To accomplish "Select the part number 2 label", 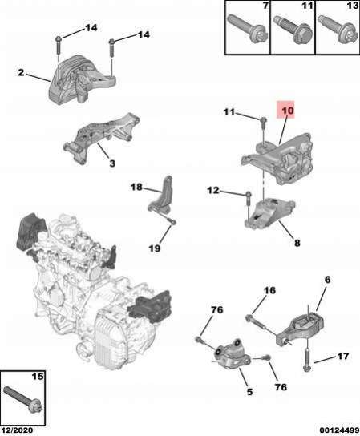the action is coord(21,73).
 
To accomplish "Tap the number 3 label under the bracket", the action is coord(112,163).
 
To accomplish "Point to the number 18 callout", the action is coord(136,187).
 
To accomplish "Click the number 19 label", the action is coord(155,248).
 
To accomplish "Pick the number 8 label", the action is coord(297,243).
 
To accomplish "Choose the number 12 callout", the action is coord(213,191).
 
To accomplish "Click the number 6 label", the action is coord(327,280).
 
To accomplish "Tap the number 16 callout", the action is coord(269,290).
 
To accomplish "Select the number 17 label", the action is coord(342,356).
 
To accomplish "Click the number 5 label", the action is coord(249,391).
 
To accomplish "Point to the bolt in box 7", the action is coord(247,30).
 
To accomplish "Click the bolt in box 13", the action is coord(338,30).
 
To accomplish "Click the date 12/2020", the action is coord(16,430).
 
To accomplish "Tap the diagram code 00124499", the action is coord(339,430).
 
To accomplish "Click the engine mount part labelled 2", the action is coord(81,80).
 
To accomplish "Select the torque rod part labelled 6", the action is coord(301,329).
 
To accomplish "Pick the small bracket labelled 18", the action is coord(162,195).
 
